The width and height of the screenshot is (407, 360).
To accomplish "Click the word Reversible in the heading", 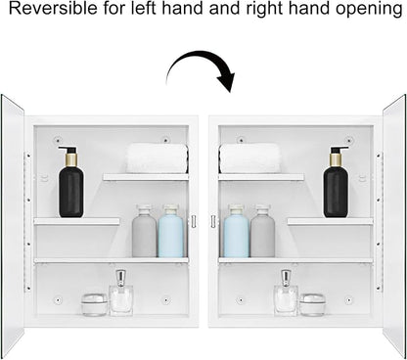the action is (53, 9).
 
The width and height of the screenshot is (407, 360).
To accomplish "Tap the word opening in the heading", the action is (369, 10).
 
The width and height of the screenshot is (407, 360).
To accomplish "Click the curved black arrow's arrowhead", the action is (227, 81).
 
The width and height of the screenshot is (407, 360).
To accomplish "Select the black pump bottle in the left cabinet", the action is (70, 182).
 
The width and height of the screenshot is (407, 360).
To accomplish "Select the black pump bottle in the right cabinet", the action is (336, 182).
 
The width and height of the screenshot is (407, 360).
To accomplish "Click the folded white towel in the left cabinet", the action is (157, 158).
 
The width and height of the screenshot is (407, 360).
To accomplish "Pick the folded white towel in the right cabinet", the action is (249, 158).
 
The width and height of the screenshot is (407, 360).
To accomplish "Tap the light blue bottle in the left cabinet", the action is (171, 231).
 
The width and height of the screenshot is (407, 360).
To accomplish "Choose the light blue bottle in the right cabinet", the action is (236, 231).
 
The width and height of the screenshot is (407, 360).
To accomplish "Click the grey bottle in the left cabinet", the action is (144, 231).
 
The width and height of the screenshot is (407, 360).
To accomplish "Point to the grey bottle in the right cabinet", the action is (263, 231).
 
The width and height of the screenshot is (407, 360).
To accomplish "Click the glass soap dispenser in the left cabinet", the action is (121, 292).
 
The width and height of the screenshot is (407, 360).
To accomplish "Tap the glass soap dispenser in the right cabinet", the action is (286, 292).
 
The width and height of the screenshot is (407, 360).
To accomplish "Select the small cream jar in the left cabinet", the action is (95, 304).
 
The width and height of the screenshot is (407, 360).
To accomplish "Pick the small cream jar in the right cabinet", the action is (312, 304).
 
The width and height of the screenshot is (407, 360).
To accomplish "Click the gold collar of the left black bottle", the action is (71, 159).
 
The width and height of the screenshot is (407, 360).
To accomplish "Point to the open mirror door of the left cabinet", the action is (13, 225).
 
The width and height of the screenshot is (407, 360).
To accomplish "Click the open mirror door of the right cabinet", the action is (394, 225).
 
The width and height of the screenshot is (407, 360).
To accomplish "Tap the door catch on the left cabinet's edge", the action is (194, 221).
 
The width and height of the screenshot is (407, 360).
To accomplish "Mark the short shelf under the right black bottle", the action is (330, 221).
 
